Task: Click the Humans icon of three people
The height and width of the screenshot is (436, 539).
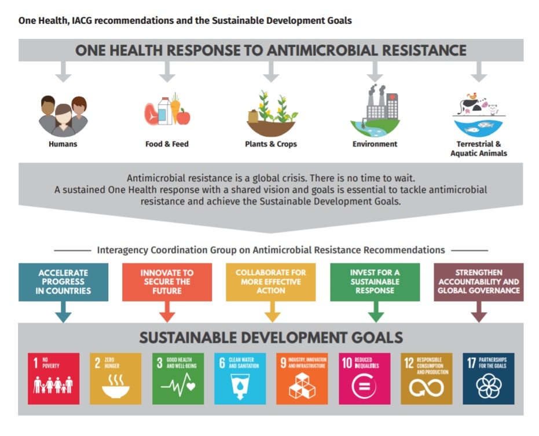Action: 63,116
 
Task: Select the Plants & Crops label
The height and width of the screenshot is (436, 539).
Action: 271,144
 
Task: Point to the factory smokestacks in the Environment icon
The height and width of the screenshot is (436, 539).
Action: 376,95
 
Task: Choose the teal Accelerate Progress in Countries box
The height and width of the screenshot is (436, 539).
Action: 63,282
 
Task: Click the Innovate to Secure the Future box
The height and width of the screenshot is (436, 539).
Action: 167,282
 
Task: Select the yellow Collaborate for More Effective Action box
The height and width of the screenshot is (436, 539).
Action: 271,282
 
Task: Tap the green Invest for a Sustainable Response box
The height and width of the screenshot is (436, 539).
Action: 375,282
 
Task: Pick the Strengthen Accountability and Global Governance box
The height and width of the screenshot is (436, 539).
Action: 478,282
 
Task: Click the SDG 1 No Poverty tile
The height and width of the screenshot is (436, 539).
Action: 54,379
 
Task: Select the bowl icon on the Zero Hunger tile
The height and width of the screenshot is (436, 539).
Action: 116,387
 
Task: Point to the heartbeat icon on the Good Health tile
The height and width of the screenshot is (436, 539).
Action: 178,386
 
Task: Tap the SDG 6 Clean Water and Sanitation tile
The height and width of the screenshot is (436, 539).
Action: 240,379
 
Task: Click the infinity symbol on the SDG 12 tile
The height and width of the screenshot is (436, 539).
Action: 426,388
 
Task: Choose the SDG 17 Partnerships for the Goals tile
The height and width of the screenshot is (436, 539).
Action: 489,379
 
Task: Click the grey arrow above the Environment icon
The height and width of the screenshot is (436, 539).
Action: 375,72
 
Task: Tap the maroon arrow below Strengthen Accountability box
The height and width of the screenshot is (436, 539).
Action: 478,312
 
